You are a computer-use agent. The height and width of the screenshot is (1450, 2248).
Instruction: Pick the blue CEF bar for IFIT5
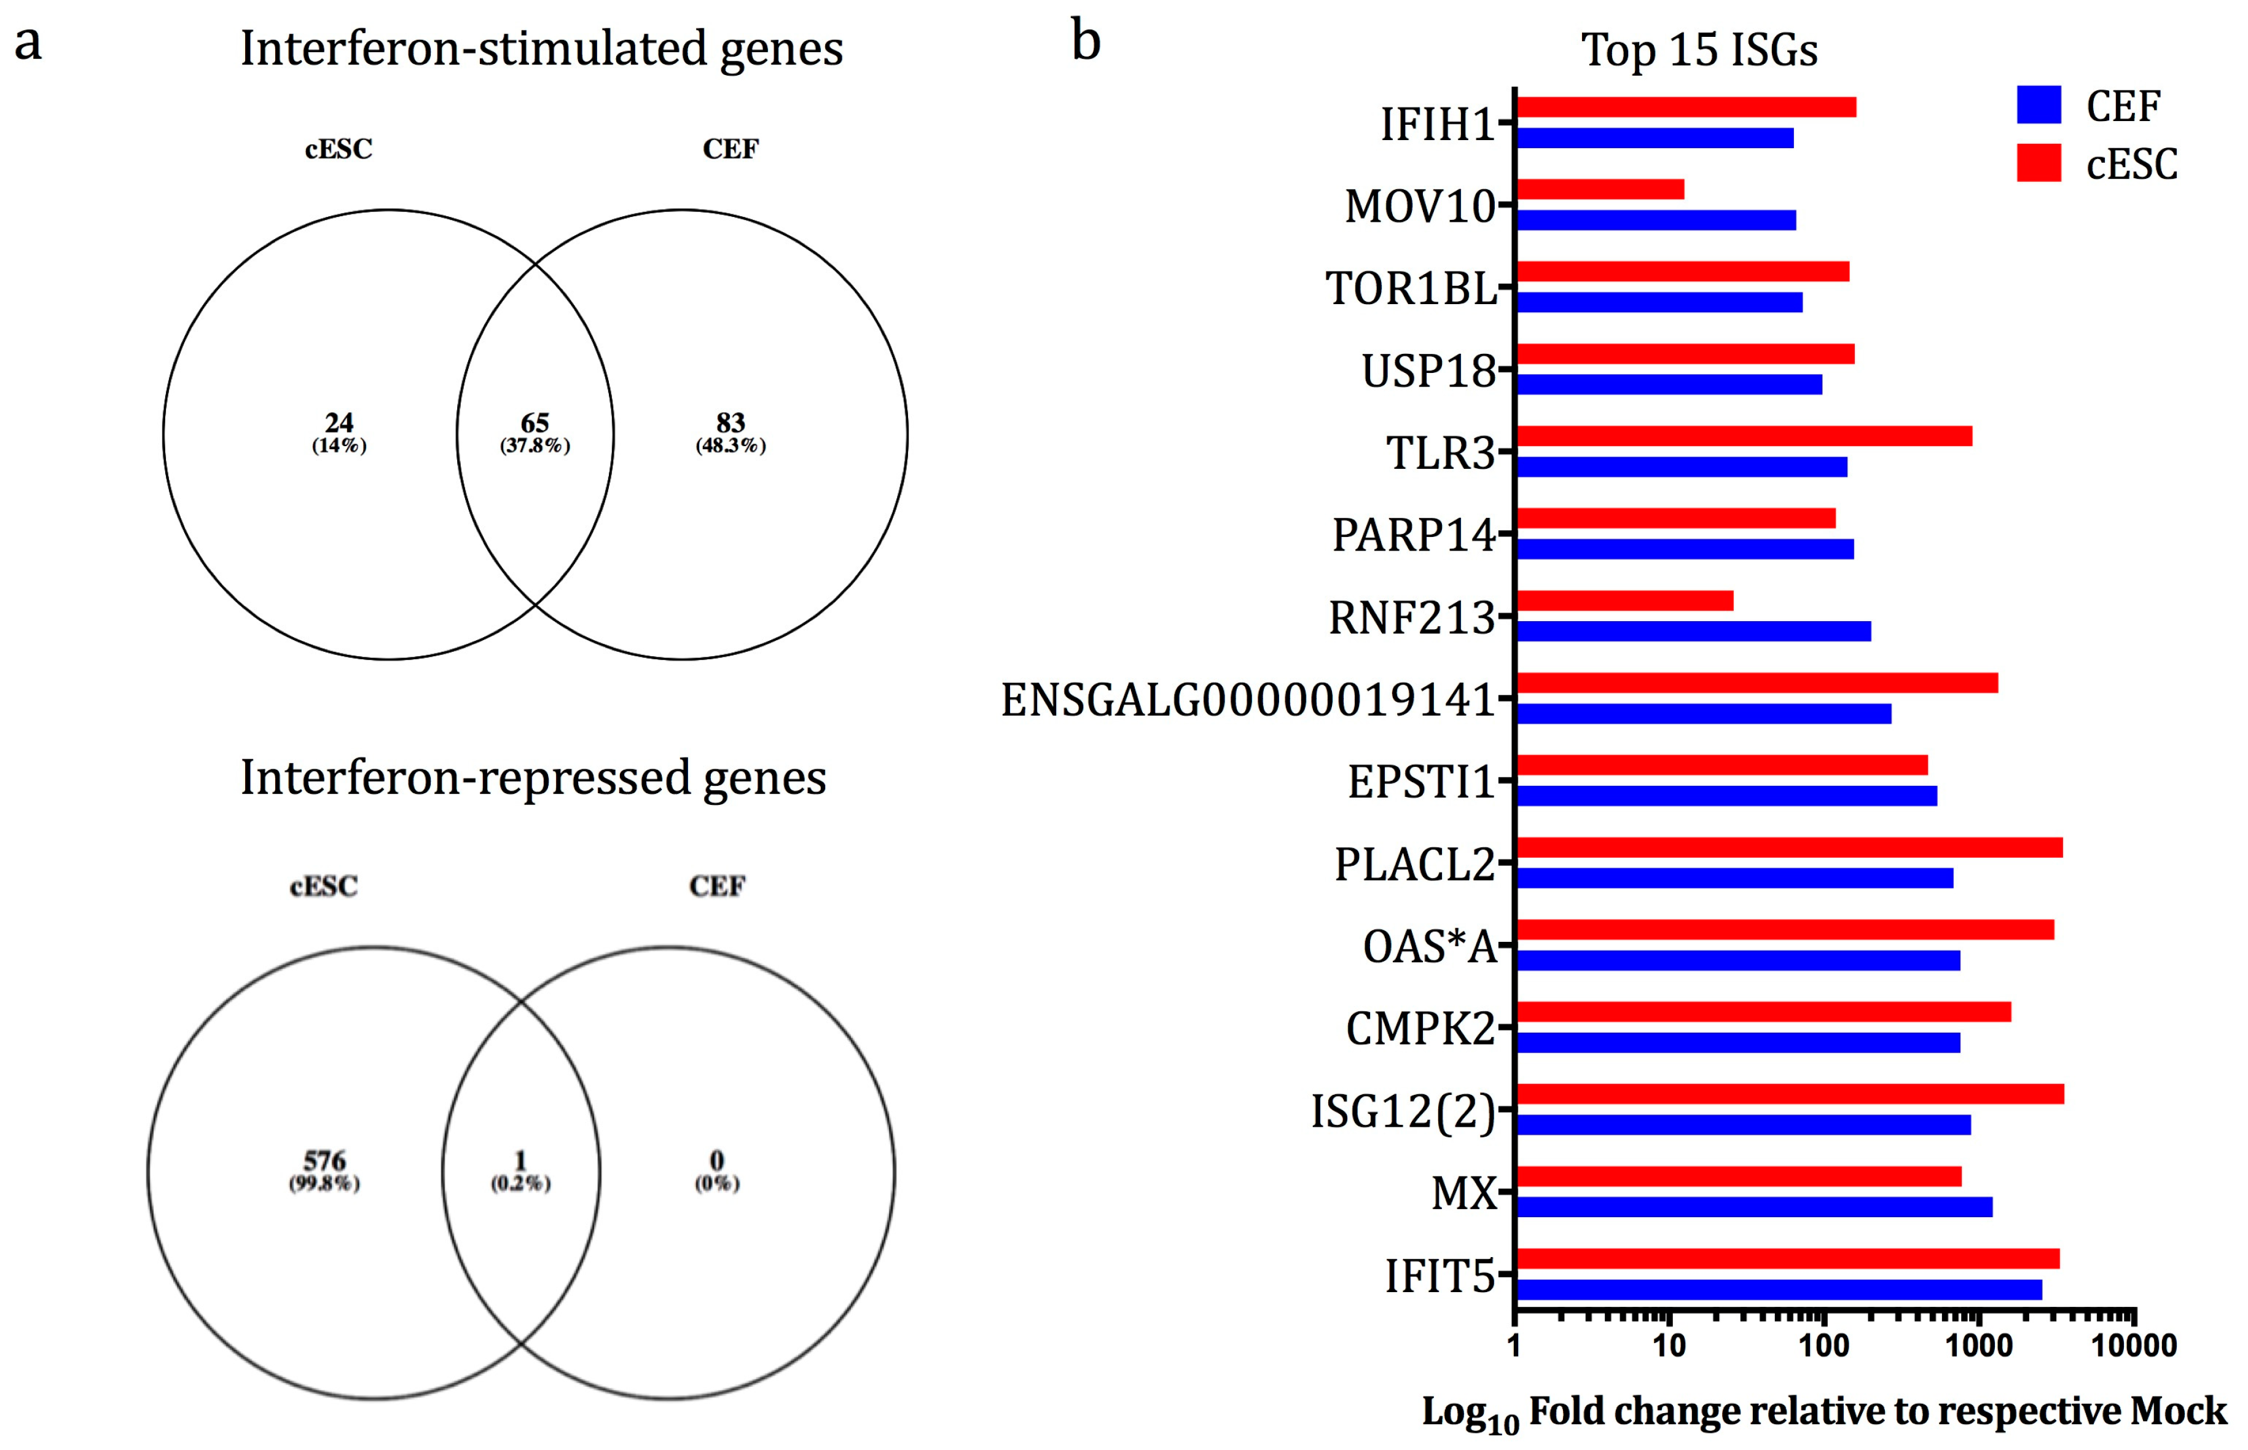(x=1779, y=1290)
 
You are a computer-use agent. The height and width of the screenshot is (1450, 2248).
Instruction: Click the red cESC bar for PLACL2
(x=1788, y=847)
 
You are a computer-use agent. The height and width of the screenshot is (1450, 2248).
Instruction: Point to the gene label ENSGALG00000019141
(x=1247, y=700)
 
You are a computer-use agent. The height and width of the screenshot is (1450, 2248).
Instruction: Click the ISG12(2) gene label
(x=1403, y=1111)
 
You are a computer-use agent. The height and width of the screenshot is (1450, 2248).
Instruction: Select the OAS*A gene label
(x=1429, y=946)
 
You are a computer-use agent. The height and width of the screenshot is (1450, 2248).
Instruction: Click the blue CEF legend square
(x=2038, y=104)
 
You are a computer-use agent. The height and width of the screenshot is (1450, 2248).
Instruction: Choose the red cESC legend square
(x=2038, y=163)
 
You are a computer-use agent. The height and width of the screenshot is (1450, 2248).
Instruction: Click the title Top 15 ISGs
(x=1699, y=49)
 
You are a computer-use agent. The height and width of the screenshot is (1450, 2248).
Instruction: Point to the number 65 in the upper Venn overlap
(x=535, y=423)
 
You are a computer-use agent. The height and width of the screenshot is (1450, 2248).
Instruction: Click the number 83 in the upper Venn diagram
(x=730, y=423)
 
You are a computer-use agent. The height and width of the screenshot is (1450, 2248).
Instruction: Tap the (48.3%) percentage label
(x=730, y=446)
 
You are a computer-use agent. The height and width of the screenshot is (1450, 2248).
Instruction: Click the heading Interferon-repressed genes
(x=533, y=778)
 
